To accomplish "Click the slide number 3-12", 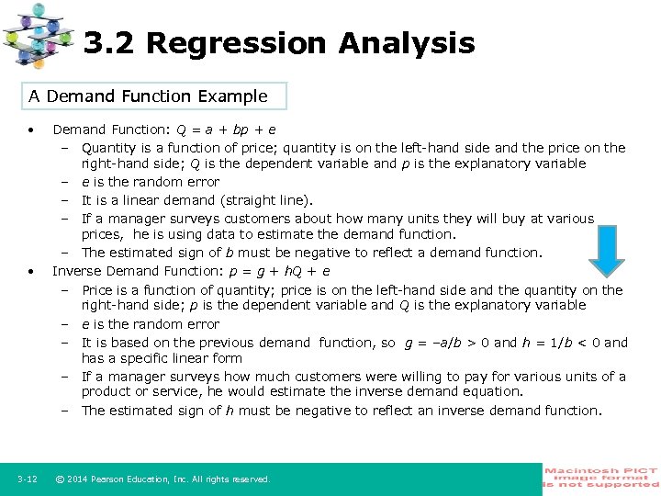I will point(27,479).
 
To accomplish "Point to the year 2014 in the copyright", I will point(79,479).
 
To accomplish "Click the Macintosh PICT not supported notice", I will point(601,479).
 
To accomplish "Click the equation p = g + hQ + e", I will point(281,271).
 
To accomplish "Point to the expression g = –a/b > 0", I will point(447,343).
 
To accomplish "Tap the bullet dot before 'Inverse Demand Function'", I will point(31,272).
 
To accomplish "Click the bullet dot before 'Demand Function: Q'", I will point(31,130).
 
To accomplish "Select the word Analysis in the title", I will point(406,43).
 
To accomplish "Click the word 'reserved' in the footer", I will point(250,479).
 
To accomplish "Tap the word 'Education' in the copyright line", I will point(152,479).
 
